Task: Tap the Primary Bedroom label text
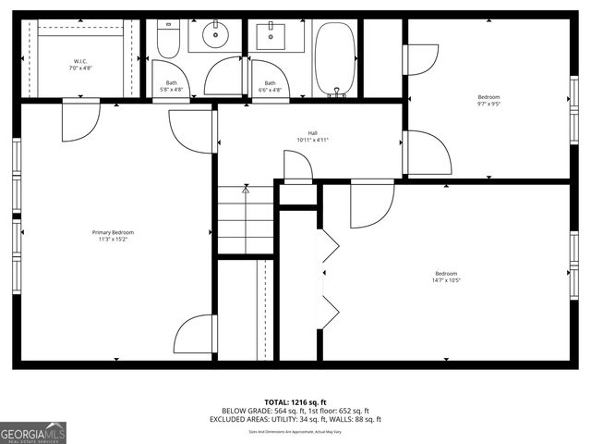point(113,232)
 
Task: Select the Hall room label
point(312,132)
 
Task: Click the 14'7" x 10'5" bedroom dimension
point(447,280)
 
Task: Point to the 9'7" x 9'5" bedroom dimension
point(489,105)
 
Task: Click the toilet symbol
point(167,38)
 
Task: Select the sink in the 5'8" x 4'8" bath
point(215,37)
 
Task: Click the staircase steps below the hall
point(246,219)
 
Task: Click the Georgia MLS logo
point(33,432)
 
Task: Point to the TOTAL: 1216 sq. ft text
point(295,402)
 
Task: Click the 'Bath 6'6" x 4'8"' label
point(270,86)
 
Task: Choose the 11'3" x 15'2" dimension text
point(113,240)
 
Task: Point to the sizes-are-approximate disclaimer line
point(295,431)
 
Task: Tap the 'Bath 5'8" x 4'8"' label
point(172,86)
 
